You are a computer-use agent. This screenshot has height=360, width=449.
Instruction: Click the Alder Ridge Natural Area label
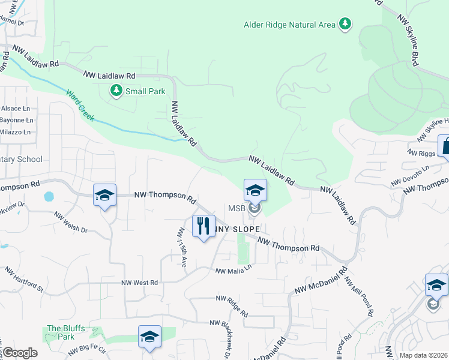290,25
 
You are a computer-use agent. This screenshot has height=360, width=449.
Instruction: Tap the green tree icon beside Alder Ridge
345,24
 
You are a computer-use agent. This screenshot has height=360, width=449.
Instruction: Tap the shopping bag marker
445,146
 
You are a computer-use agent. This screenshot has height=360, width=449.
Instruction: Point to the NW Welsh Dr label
70,222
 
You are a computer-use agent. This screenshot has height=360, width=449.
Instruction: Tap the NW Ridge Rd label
232,305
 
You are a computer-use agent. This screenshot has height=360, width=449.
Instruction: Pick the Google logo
20,353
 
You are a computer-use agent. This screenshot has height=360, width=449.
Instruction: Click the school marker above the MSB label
255,190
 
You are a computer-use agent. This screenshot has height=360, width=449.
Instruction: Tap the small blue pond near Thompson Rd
48,196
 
